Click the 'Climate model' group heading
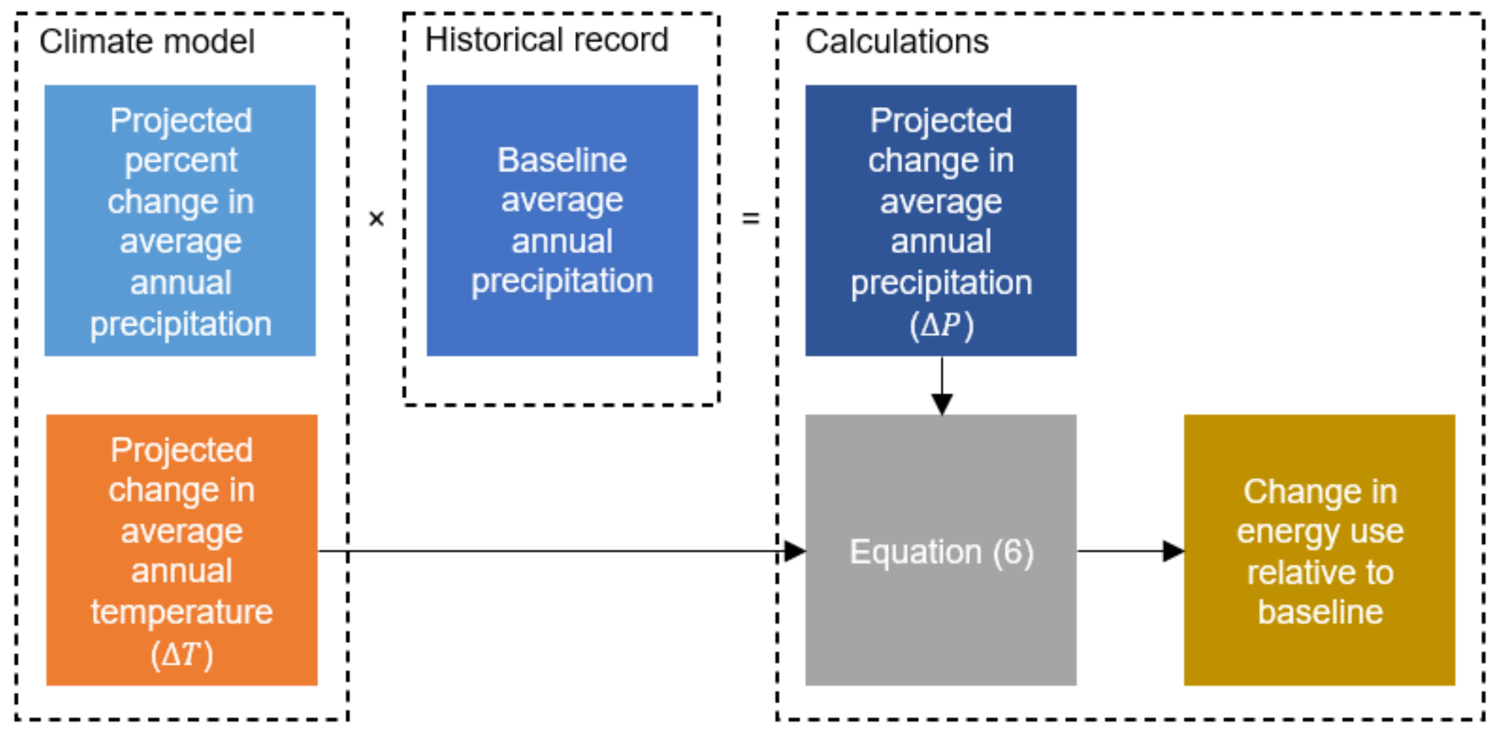tap(146, 42)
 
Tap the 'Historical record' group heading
tap(546, 40)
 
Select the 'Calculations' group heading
tap(896, 42)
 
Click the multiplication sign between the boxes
tap(376, 219)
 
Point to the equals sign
tap(750, 219)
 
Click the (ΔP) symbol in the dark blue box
tap(941, 324)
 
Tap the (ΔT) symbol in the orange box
tap(182, 654)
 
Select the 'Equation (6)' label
tap(941, 551)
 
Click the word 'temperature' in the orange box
tap(182, 612)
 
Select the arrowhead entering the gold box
tap(1173, 551)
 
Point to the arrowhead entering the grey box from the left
tap(794, 551)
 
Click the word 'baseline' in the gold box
tap(1320, 612)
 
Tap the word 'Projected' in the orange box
tap(182, 450)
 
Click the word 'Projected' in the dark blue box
tap(941, 120)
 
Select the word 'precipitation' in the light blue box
tap(181, 324)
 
